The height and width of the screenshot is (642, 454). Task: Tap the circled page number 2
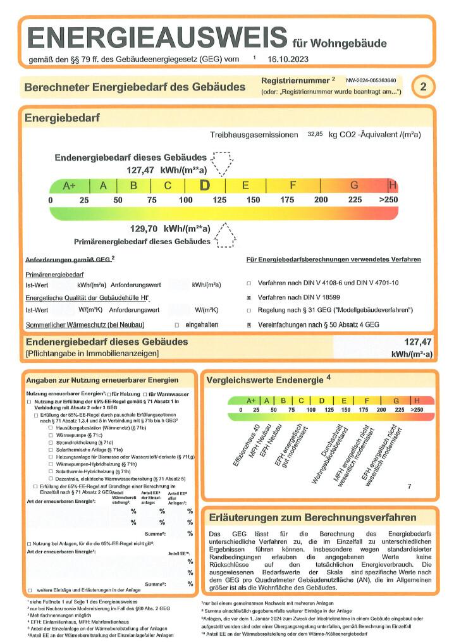[423, 87]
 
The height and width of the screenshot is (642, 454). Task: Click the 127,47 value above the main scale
[140, 170]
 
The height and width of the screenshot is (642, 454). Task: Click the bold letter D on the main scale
[205, 185]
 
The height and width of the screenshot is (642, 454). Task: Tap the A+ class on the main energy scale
[69, 186]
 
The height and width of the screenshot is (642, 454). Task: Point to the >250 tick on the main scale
[388, 200]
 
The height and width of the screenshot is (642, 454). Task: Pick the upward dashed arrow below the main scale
[225, 236]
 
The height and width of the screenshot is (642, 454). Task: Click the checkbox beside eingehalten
[176, 324]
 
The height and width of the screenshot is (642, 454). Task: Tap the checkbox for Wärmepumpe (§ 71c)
[50, 435]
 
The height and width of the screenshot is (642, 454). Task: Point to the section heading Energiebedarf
[62, 118]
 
